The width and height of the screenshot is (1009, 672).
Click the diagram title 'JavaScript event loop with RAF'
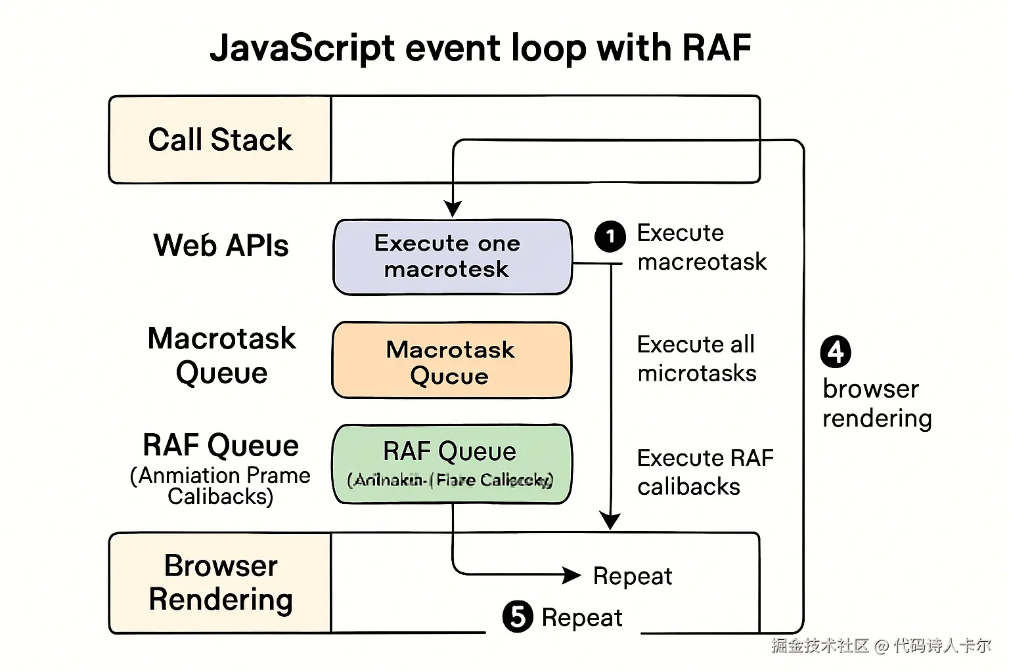point(480,48)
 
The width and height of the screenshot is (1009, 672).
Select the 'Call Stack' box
point(220,140)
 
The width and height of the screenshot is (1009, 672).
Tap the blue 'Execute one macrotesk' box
point(452,257)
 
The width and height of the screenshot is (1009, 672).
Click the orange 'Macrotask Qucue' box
point(451,360)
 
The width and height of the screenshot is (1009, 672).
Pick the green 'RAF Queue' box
point(451,464)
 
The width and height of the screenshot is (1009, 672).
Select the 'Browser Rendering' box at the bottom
point(220,583)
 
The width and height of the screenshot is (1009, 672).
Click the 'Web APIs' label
point(221,245)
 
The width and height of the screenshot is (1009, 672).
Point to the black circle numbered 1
point(610,236)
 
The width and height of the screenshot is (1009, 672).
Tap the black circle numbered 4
point(836,352)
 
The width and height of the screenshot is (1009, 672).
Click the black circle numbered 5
point(518,617)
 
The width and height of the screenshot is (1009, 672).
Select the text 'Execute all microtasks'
point(696,358)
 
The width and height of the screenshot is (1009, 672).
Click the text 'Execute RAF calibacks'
point(705,472)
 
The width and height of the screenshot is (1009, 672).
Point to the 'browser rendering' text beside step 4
point(876,404)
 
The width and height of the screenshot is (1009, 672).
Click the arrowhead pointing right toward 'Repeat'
point(572,576)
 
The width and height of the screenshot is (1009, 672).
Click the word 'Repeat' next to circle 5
point(582,618)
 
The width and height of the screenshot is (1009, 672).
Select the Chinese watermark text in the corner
point(880,646)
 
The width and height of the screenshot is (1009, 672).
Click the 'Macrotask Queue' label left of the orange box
point(221,356)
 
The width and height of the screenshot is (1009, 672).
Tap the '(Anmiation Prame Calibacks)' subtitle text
point(220,486)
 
